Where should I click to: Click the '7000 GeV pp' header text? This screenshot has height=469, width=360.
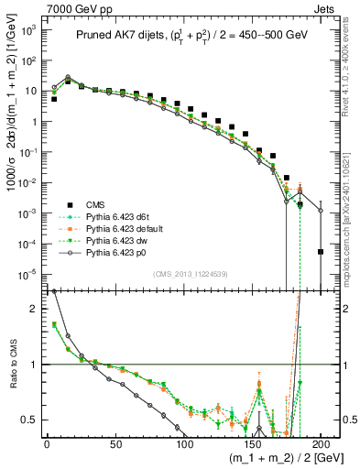(x=37, y=8)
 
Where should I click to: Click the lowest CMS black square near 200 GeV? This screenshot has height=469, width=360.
(x=321, y=252)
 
